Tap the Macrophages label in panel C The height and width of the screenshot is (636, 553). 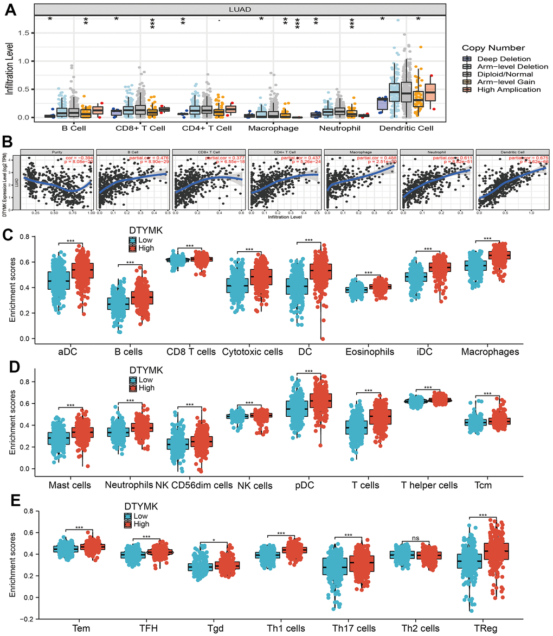(490, 352)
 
